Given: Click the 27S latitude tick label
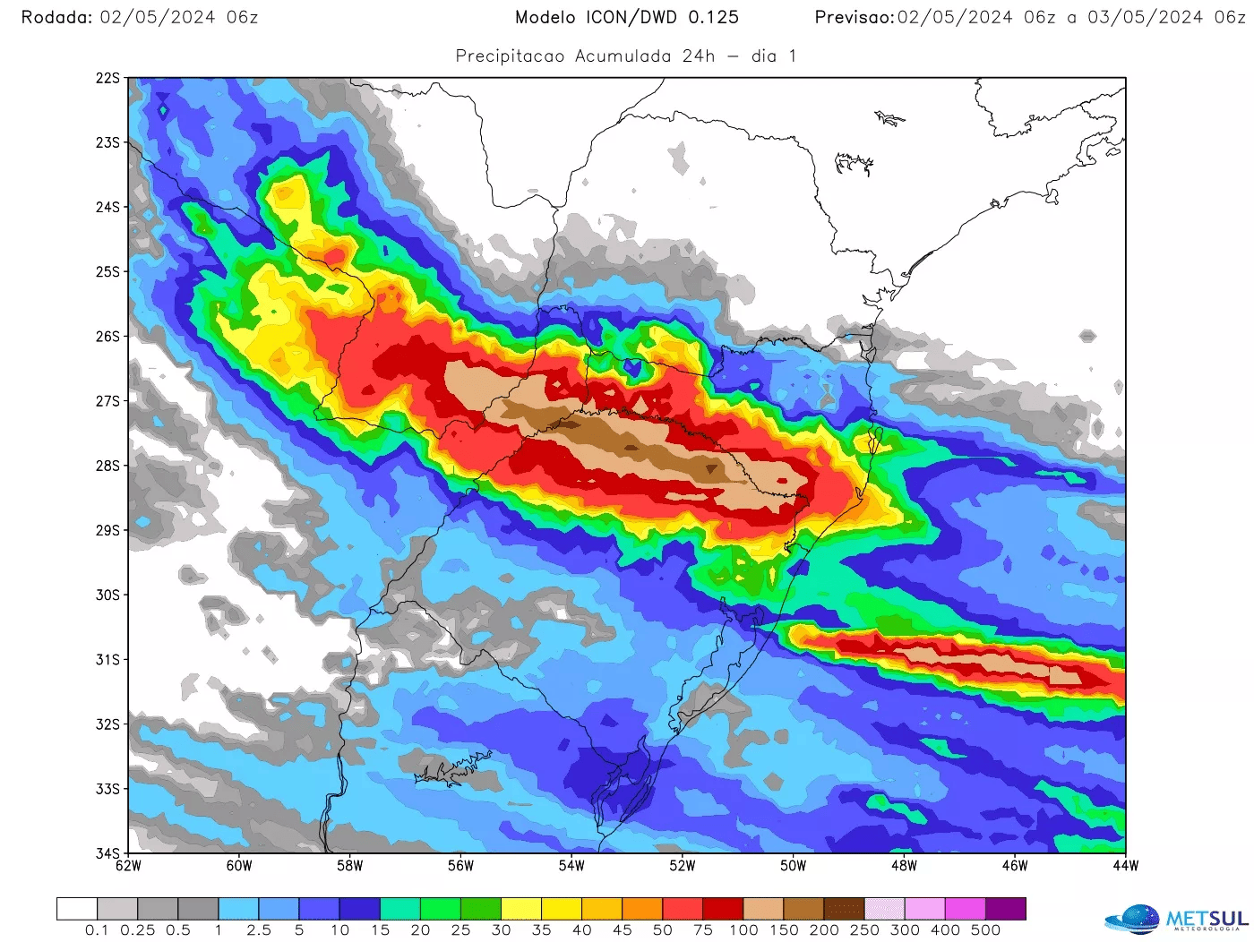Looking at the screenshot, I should coord(107,401).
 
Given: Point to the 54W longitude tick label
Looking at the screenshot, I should coord(571,866).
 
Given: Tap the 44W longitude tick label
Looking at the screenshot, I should coord(1126,866).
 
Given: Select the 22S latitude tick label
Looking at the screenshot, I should coord(107,79).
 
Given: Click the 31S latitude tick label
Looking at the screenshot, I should coord(107,660).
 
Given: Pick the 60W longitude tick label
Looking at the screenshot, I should coord(239,866).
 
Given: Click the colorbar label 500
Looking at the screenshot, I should coord(985,930).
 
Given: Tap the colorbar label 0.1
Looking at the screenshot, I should coord(97,930).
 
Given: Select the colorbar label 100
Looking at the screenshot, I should coord(743,930).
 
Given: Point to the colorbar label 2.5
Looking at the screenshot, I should coord(259,930).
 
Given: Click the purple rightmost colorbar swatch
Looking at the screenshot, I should coord(1006,909).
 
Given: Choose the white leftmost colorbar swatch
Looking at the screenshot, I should coord(77,909).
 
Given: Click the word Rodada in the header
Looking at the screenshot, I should coord(56,18).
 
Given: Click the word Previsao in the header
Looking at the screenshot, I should coord(855,18).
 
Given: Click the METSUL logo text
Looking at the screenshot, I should coord(1207,919).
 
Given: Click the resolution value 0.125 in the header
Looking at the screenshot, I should coord(714,18).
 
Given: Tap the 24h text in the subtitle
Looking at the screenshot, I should coord(699,56).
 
